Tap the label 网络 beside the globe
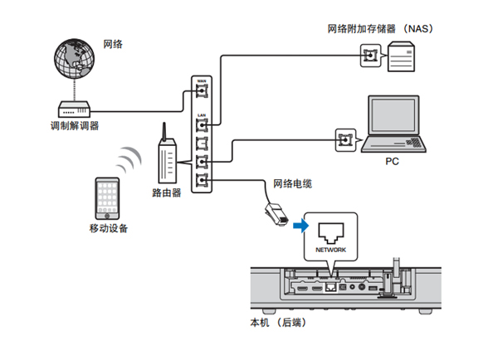pyautogui.click(x=113, y=43)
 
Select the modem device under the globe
pyautogui.click(x=74, y=108)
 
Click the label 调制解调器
pyautogui.click(x=74, y=126)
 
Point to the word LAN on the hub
pyautogui.click(x=202, y=114)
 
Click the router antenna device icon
pyautogui.click(x=166, y=158)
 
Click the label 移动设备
pyautogui.click(x=108, y=228)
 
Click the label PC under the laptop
pyautogui.click(x=392, y=163)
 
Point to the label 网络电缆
pyautogui.click(x=293, y=182)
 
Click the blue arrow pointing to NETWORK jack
pyautogui.click(x=300, y=224)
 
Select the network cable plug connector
pyautogui.click(x=275, y=213)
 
